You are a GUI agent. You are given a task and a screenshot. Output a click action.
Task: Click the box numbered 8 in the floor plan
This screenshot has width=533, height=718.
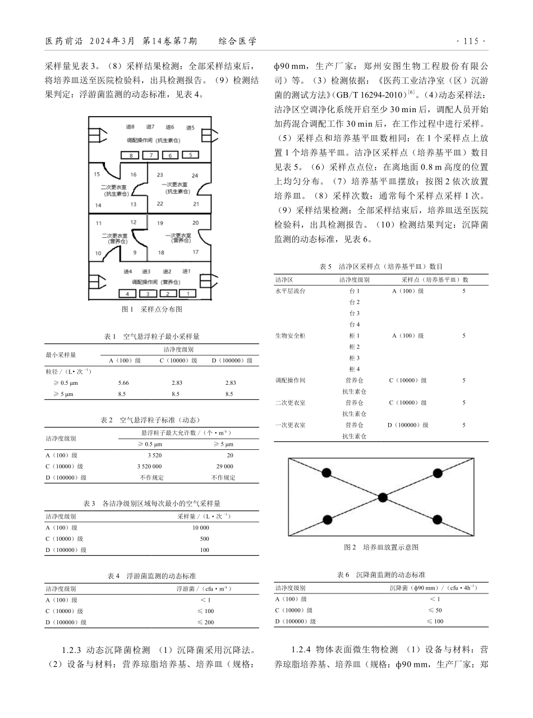pyautogui.click(x=131, y=155)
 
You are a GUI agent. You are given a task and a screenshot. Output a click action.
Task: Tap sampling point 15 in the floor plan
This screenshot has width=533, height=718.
pyautogui.click(x=97, y=174)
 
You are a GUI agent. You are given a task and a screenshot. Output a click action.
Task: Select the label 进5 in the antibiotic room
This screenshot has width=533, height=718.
pyautogui.click(x=190, y=128)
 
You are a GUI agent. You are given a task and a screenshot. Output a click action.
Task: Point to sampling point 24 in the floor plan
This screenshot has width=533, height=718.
pyautogui.click(x=195, y=175)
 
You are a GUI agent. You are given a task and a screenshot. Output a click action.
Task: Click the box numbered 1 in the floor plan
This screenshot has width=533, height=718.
pyautogui.click(x=187, y=293)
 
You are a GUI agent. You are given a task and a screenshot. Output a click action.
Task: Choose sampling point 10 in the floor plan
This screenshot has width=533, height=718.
pyautogui.click(x=99, y=254)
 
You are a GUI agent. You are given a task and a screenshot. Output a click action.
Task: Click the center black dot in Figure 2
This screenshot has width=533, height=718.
pyautogui.click(x=383, y=497)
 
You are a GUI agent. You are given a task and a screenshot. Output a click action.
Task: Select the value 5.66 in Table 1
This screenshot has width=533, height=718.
pyautogui.click(x=124, y=383)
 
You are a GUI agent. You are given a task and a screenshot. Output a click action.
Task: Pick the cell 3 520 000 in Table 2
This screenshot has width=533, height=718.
pyautogui.click(x=149, y=466)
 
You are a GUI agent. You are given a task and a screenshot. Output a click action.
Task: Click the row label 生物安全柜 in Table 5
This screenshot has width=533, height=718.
pyautogui.click(x=290, y=335)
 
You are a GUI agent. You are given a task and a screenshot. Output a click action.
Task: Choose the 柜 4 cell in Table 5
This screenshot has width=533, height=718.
pyautogui.click(x=354, y=369)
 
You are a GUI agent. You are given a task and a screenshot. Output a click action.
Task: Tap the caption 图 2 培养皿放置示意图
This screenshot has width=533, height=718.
pyautogui.click(x=381, y=547)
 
